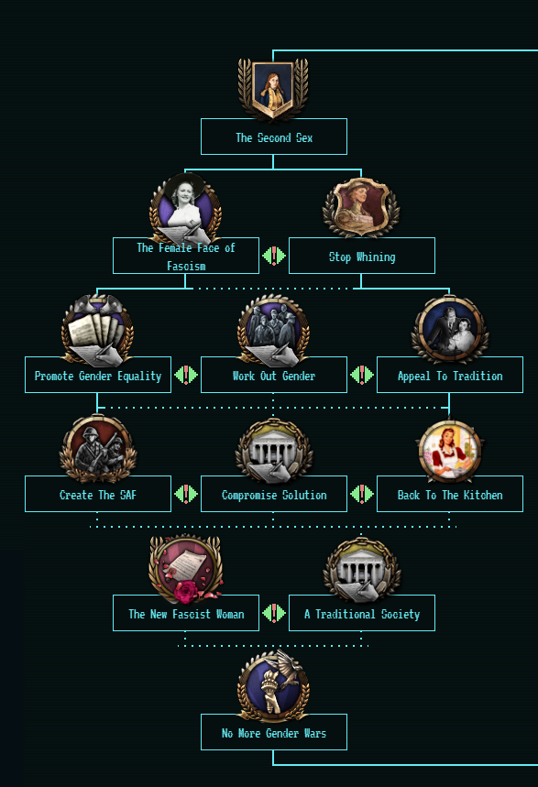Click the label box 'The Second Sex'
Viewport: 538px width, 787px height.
point(274,137)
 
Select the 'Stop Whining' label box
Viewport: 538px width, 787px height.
point(362,256)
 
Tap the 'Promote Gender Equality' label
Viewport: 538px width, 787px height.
point(98,375)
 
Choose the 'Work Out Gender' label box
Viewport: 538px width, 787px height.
point(274,375)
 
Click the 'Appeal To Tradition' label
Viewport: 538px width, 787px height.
point(450,375)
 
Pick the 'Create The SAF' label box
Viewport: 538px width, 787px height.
point(98,494)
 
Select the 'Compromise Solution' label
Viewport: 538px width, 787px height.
point(274,494)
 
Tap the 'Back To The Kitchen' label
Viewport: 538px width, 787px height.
point(450,494)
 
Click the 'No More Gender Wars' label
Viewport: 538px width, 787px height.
point(274,732)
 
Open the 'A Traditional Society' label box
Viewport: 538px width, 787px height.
point(362,613)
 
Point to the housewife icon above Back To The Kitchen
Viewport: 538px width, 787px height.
point(450,450)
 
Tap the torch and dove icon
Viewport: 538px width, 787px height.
point(274,686)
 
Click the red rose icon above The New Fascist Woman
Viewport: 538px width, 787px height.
point(186,570)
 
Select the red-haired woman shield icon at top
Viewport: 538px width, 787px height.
point(273,90)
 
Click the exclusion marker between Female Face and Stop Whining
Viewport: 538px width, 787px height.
point(274,256)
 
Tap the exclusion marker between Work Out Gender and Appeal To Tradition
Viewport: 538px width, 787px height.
point(362,375)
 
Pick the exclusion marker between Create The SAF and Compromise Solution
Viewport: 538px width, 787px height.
point(186,494)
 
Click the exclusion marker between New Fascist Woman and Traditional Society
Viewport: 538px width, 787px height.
point(274,613)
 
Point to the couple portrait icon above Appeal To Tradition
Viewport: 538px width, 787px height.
point(450,330)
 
